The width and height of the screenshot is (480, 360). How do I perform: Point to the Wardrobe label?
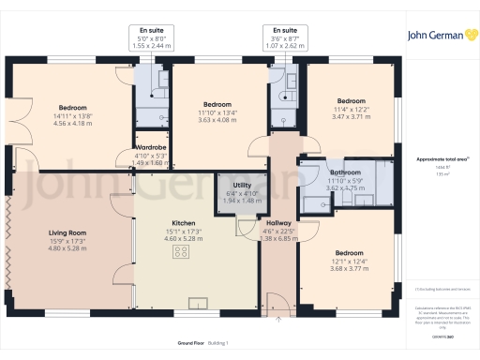pos(151,148)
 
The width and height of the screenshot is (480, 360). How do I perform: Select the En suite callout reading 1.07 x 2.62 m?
pos(278,45)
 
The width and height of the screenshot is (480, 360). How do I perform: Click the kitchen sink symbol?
pos(200,302)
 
